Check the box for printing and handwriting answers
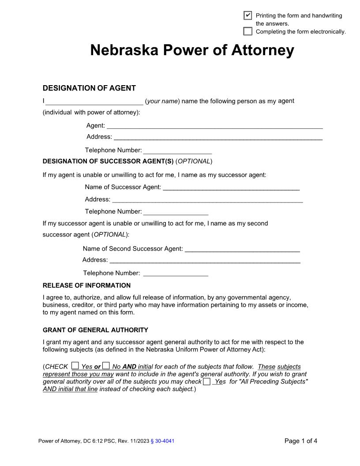[248, 15]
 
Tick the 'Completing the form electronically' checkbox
[248, 31]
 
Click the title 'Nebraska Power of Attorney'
[192, 50]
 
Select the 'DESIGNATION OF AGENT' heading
[89, 88]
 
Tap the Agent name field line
[214, 126]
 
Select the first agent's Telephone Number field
[177, 150]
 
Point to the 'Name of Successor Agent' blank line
[231, 188]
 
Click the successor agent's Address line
[207, 199]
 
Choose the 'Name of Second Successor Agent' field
[242, 249]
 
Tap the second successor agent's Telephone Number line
[176, 274]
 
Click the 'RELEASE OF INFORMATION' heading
[86, 286]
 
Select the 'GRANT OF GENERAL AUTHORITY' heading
[95, 330]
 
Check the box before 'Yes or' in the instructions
[75, 365]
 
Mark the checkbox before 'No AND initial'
[106, 365]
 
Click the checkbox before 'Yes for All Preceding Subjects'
[206, 381]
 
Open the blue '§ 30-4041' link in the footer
[162, 441]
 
